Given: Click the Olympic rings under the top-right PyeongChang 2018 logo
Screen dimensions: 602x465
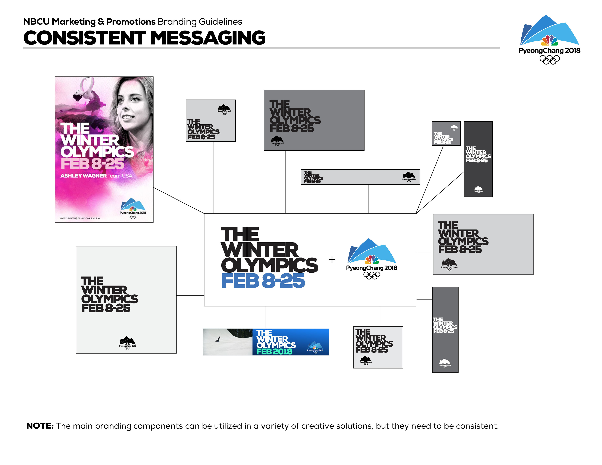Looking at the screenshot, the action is pyautogui.click(x=549, y=60).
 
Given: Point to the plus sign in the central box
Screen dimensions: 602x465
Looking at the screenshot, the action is pyautogui.click(x=332, y=259).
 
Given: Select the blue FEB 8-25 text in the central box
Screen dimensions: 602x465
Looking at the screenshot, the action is pyautogui.click(x=263, y=281).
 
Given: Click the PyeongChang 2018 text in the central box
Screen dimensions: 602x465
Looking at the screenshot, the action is pyautogui.click(x=372, y=268).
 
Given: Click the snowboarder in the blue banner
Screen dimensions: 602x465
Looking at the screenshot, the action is pyautogui.click(x=218, y=339).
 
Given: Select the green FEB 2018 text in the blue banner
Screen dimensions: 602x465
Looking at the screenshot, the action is pyautogui.click(x=274, y=352).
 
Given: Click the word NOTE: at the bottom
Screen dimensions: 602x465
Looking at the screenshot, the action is pyautogui.click(x=40, y=426).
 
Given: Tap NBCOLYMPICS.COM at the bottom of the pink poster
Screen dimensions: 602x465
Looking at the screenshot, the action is pyautogui.click(x=68, y=218).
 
